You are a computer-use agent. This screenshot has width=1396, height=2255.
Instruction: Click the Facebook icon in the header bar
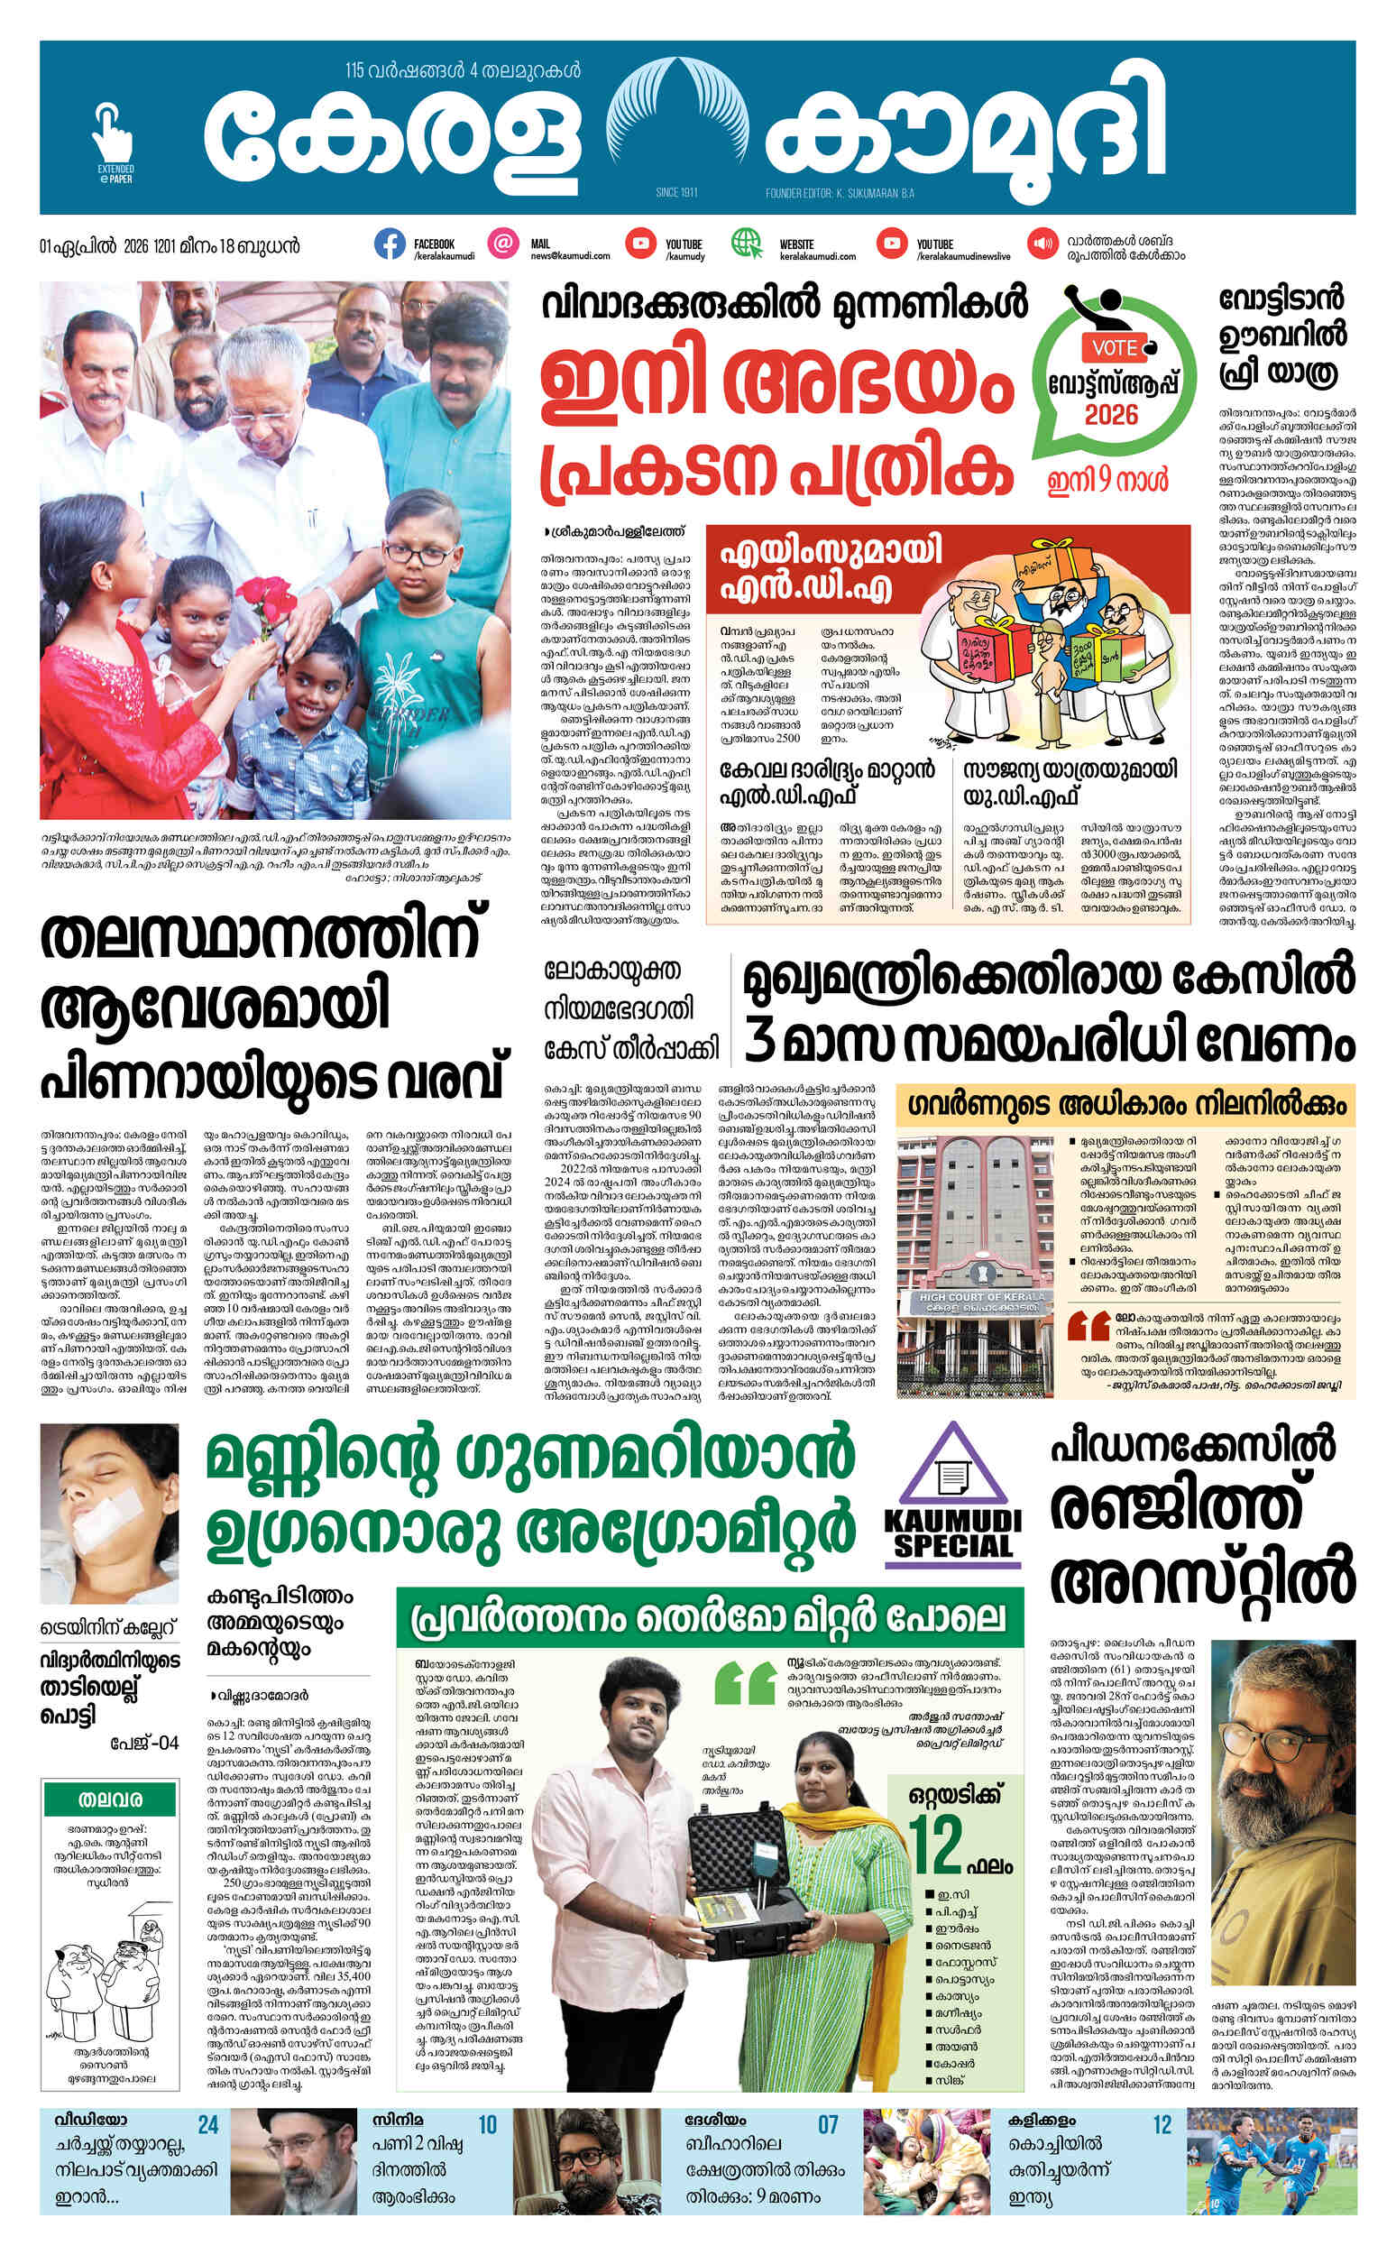[x=390, y=244]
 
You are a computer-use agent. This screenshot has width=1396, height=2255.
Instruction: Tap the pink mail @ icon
[x=502, y=244]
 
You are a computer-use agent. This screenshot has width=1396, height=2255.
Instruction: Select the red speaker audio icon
[x=1043, y=244]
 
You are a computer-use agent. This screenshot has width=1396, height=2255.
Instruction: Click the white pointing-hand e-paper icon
[x=113, y=133]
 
